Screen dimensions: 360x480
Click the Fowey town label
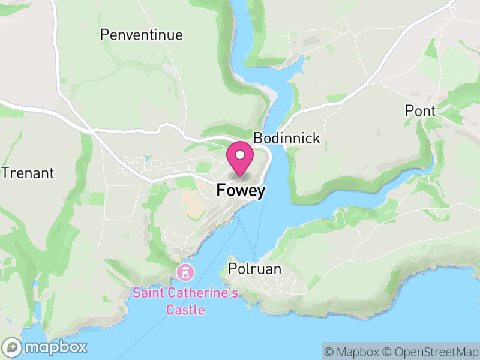[241, 190]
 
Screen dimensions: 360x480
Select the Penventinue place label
[141, 35]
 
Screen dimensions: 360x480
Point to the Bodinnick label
[287, 138]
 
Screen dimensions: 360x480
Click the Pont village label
[420, 110]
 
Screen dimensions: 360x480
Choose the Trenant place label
[28, 173]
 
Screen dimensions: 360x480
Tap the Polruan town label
[254, 269]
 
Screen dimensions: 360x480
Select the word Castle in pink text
[185, 310]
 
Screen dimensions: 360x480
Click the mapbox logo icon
[13, 347]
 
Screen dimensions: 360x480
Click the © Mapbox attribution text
[352, 352]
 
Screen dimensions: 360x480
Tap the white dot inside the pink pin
[241, 155]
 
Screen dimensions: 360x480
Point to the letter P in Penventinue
[104, 35]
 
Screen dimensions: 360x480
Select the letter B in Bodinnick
[257, 138]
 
